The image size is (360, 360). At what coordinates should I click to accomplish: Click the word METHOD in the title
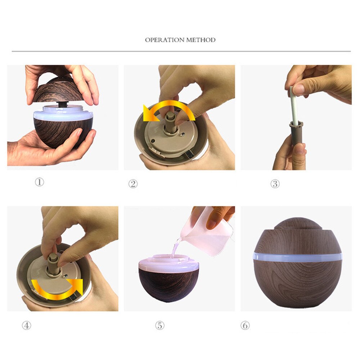click(201, 40)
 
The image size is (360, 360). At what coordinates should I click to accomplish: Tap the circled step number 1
click(39, 182)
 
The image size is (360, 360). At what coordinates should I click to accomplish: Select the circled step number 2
click(133, 184)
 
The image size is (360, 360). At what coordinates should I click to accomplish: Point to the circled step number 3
click(275, 184)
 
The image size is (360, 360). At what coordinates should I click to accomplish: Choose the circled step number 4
click(26, 325)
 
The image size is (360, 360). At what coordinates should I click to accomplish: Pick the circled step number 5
click(159, 325)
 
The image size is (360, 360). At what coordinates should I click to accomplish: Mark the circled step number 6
click(245, 325)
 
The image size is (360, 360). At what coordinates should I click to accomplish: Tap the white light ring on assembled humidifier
click(297, 257)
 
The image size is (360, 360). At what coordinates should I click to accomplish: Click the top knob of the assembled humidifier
click(297, 223)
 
